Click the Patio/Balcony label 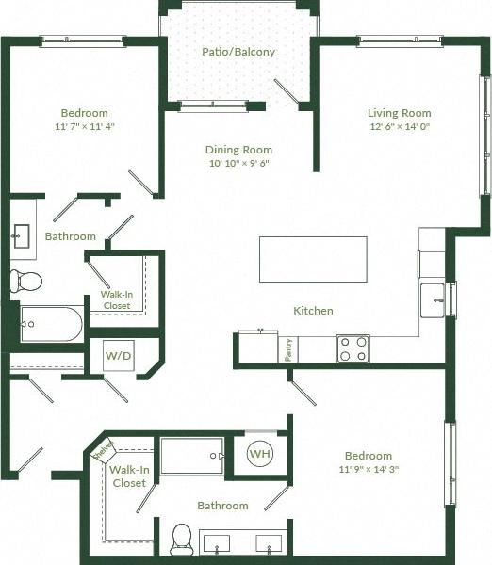click(x=238, y=52)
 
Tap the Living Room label click(x=399, y=113)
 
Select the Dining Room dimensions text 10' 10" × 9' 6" click(x=238, y=163)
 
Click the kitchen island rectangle click(x=313, y=259)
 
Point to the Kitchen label click(x=313, y=311)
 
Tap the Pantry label click(x=287, y=348)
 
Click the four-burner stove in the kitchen click(x=353, y=348)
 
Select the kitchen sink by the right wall click(x=435, y=299)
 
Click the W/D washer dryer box click(x=118, y=357)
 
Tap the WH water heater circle click(x=259, y=454)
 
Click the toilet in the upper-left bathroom click(x=26, y=281)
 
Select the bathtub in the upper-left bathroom click(x=50, y=324)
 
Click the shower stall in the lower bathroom click(x=191, y=456)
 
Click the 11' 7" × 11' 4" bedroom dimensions click(x=85, y=126)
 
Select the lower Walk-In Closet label click(x=128, y=476)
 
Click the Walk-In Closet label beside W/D click(x=118, y=300)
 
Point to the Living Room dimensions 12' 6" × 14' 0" click(x=399, y=127)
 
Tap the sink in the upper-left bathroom click(x=21, y=234)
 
